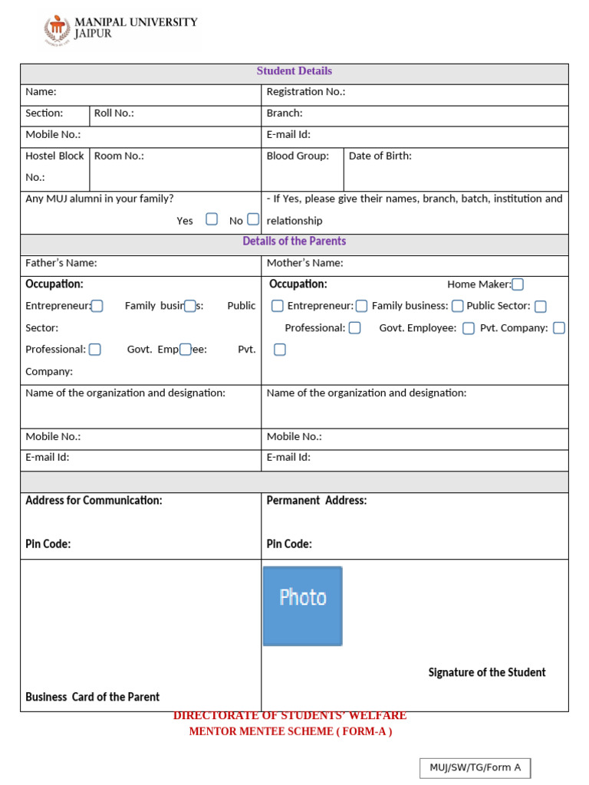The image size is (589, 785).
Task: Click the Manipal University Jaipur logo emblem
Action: pos(57,29)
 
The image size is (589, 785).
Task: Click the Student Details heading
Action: pos(294,71)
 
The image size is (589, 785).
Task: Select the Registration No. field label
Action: pos(305,92)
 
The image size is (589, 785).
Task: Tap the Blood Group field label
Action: pos(298,156)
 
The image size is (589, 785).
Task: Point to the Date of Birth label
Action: pos(380,156)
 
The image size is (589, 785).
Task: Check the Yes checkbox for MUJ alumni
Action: pos(212,219)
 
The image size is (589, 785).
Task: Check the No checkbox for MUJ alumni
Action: pos(253,219)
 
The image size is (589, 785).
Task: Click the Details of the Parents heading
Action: pos(294,241)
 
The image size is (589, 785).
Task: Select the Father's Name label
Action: pos(61,263)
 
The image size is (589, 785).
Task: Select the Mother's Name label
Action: pos(304,263)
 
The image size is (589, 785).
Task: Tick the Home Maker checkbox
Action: pos(518,284)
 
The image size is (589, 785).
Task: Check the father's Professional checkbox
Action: pos(95,350)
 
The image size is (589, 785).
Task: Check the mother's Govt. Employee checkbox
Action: pos(468,328)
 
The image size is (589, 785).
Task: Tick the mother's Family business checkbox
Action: pos(457,306)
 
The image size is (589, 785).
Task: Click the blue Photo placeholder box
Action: pos(302,606)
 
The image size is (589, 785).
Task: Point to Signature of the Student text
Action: pos(486,672)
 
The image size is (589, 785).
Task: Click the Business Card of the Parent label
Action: pos(92,697)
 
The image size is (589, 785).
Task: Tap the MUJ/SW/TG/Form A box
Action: pos(475,767)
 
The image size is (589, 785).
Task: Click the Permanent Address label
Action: pos(316,501)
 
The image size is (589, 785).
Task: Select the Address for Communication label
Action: pos(94,501)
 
